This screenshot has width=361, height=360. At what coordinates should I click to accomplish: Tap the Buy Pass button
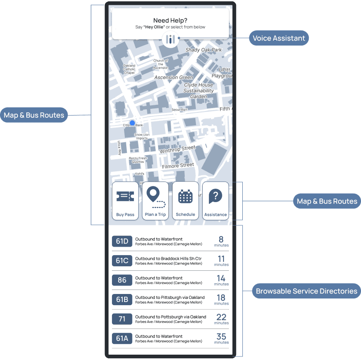coord(125,201)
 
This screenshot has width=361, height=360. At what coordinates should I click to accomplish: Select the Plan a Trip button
coord(155,201)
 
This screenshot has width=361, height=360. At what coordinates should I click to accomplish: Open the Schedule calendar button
coord(185,201)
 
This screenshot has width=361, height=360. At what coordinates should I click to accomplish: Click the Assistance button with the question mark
coord(216,201)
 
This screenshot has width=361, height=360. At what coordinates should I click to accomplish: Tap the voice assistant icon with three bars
coord(170,39)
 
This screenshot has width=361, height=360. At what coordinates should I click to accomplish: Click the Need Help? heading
coord(170,20)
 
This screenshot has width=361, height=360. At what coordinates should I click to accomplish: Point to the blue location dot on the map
coord(132,123)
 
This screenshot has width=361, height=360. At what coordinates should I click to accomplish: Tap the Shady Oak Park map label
coord(203,50)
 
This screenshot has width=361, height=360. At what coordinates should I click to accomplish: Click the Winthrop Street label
coord(178,149)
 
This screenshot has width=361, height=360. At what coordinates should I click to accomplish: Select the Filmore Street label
coord(178,166)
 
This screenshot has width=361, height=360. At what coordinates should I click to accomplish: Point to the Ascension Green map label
coord(174,78)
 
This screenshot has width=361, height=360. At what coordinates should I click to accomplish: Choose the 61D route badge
coord(122,241)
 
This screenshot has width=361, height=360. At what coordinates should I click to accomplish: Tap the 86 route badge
coord(122,280)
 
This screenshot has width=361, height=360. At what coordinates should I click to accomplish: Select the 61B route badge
coord(122,299)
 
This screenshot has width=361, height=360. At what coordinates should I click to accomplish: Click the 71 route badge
coord(122,319)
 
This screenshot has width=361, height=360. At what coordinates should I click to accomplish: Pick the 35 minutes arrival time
coord(221,338)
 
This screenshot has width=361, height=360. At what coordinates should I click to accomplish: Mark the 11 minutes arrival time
coord(221,261)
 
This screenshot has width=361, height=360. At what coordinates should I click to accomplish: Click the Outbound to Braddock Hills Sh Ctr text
coord(168,258)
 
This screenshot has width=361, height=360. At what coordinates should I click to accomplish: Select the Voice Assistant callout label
coord(279,38)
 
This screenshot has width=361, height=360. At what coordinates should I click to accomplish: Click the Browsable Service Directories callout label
coord(306,291)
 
